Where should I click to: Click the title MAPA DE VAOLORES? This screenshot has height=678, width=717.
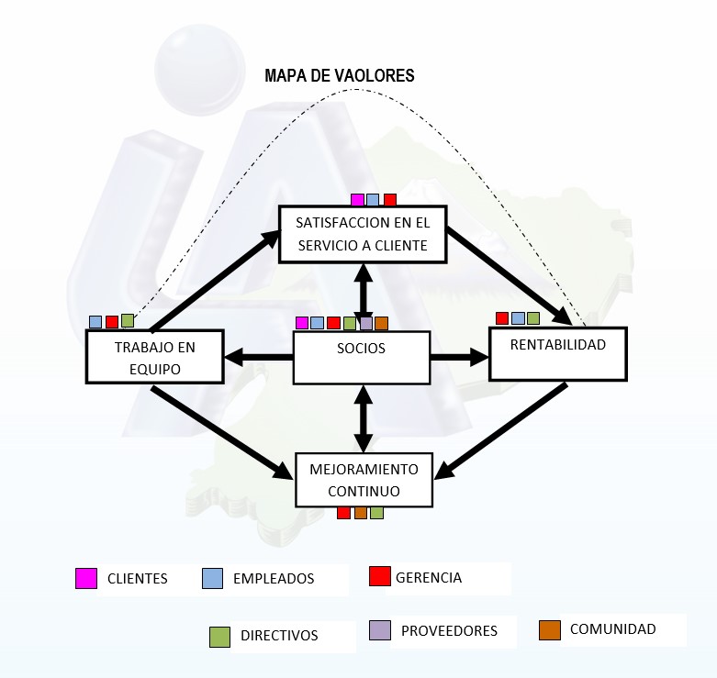click(340, 75)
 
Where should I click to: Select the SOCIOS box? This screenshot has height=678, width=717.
click(361, 357)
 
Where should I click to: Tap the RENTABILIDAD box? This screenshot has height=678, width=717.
click(558, 353)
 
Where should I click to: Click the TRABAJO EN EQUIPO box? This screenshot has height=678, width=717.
click(154, 356)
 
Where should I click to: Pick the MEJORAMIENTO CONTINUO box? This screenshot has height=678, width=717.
click(364, 480)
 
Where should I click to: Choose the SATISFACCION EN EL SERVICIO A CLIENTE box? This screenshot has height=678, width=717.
click(363, 234)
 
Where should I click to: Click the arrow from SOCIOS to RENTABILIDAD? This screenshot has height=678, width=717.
click(460, 357)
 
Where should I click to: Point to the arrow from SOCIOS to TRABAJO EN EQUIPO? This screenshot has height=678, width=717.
click(258, 357)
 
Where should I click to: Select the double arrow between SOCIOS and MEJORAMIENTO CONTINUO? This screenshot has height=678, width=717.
click(364, 418)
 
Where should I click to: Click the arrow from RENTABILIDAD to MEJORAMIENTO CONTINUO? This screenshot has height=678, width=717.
click(500, 431)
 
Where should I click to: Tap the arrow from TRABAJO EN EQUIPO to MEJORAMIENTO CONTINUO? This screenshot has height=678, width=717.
click(222, 433)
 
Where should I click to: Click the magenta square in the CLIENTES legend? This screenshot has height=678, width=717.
click(86, 578)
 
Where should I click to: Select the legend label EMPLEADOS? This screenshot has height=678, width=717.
click(274, 579)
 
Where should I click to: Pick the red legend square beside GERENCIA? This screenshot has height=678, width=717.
click(379, 576)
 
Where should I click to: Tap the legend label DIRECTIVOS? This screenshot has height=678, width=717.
click(279, 636)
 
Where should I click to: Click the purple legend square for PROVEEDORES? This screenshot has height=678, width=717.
click(380, 630)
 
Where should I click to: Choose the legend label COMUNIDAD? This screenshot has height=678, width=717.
click(612, 629)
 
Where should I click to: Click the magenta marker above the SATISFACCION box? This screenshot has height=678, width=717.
click(358, 200)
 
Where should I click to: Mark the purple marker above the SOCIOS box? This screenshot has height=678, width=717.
click(366, 323)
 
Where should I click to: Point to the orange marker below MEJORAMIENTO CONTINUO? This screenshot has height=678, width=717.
click(361, 513)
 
